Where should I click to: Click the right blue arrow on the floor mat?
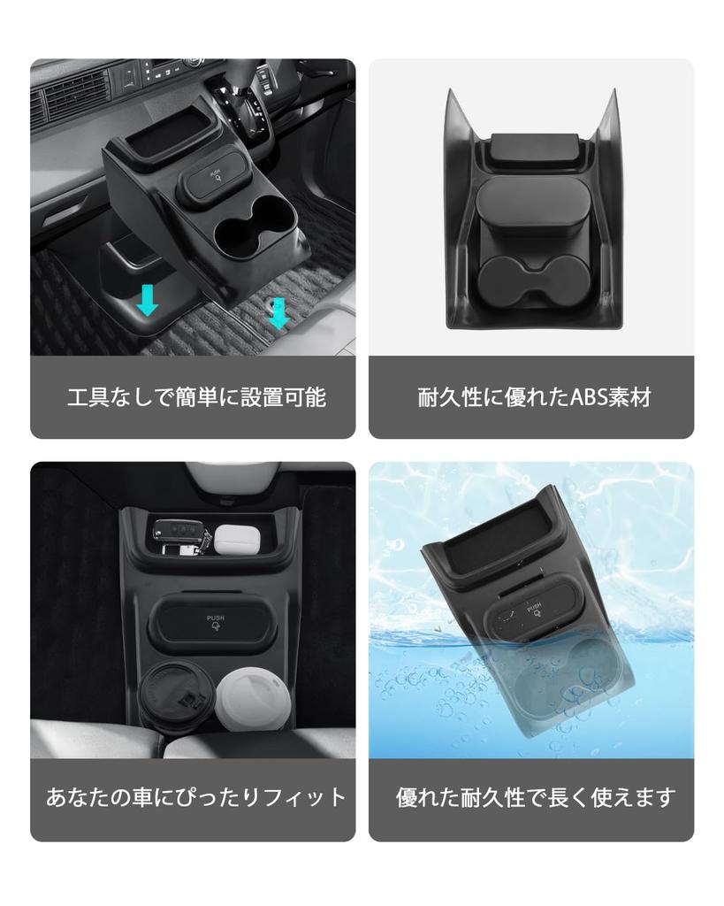pos(278,312)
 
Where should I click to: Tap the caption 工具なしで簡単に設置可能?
pos(196,397)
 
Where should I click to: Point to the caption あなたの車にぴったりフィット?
pos(196,796)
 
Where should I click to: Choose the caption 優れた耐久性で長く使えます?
pos(535,796)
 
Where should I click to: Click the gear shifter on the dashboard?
pos(250,97)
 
